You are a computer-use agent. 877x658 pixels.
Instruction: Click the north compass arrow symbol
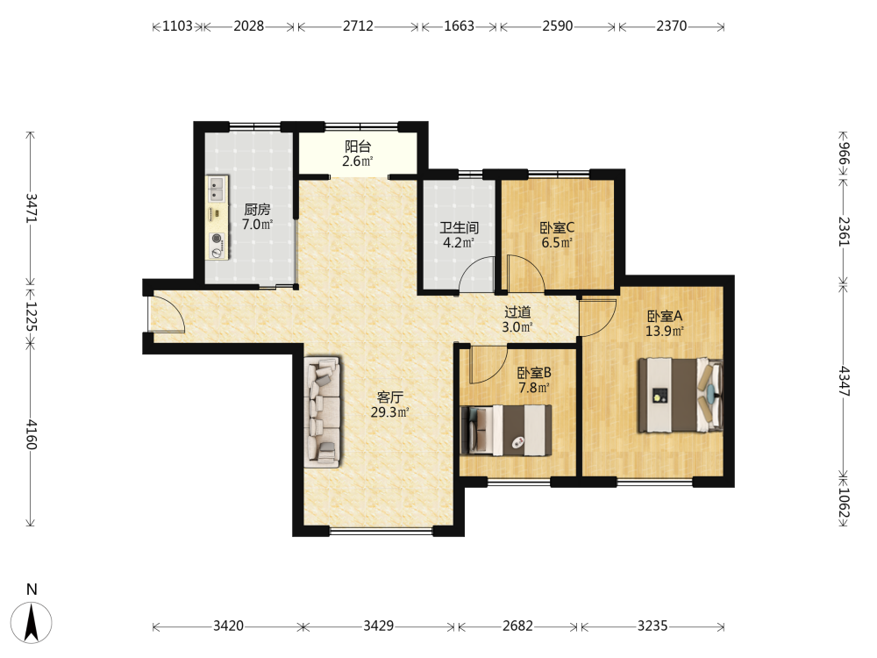(x=32, y=622)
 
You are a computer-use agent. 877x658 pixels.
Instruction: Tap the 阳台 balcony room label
(x=358, y=147)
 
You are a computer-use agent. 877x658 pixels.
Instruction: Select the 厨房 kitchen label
(x=257, y=210)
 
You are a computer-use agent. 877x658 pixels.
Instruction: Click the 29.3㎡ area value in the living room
(x=390, y=412)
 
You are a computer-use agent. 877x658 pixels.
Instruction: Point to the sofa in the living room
(x=323, y=412)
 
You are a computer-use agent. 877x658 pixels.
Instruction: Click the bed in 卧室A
(x=681, y=395)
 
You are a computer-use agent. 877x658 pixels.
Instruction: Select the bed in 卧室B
(x=506, y=430)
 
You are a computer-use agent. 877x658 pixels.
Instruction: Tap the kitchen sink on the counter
(x=217, y=189)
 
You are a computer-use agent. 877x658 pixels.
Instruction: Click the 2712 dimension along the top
(x=358, y=26)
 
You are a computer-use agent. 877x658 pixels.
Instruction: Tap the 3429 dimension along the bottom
(x=379, y=626)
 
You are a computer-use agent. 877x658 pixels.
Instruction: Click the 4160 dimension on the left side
(x=32, y=435)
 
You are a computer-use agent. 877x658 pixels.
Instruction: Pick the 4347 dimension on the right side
(x=844, y=382)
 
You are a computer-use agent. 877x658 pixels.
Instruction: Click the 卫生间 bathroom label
(x=460, y=228)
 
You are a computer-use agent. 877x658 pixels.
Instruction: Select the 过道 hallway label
(x=517, y=312)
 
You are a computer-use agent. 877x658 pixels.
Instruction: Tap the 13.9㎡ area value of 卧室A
(x=665, y=332)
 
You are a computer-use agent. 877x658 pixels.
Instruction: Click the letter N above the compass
(x=32, y=590)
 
